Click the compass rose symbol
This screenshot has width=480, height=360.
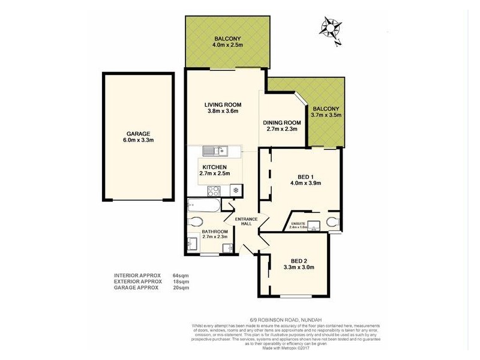(x=330, y=28)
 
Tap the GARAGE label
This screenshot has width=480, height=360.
(x=137, y=134)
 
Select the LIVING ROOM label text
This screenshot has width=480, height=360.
(x=219, y=104)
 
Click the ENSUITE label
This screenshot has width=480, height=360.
(x=298, y=223)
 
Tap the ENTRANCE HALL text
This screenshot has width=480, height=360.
(x=246, y=221)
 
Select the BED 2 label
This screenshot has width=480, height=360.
(x=298, y=260)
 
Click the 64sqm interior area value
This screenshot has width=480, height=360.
(x=181, y=275)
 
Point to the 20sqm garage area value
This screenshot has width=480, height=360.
(x=181, y=287)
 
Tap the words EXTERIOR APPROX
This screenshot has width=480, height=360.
(x=138, y=281)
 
